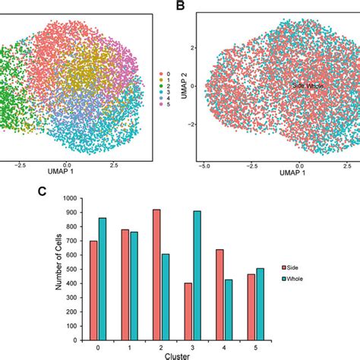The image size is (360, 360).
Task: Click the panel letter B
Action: click(181, 6)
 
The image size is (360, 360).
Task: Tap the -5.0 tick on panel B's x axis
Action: click(204, 164)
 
